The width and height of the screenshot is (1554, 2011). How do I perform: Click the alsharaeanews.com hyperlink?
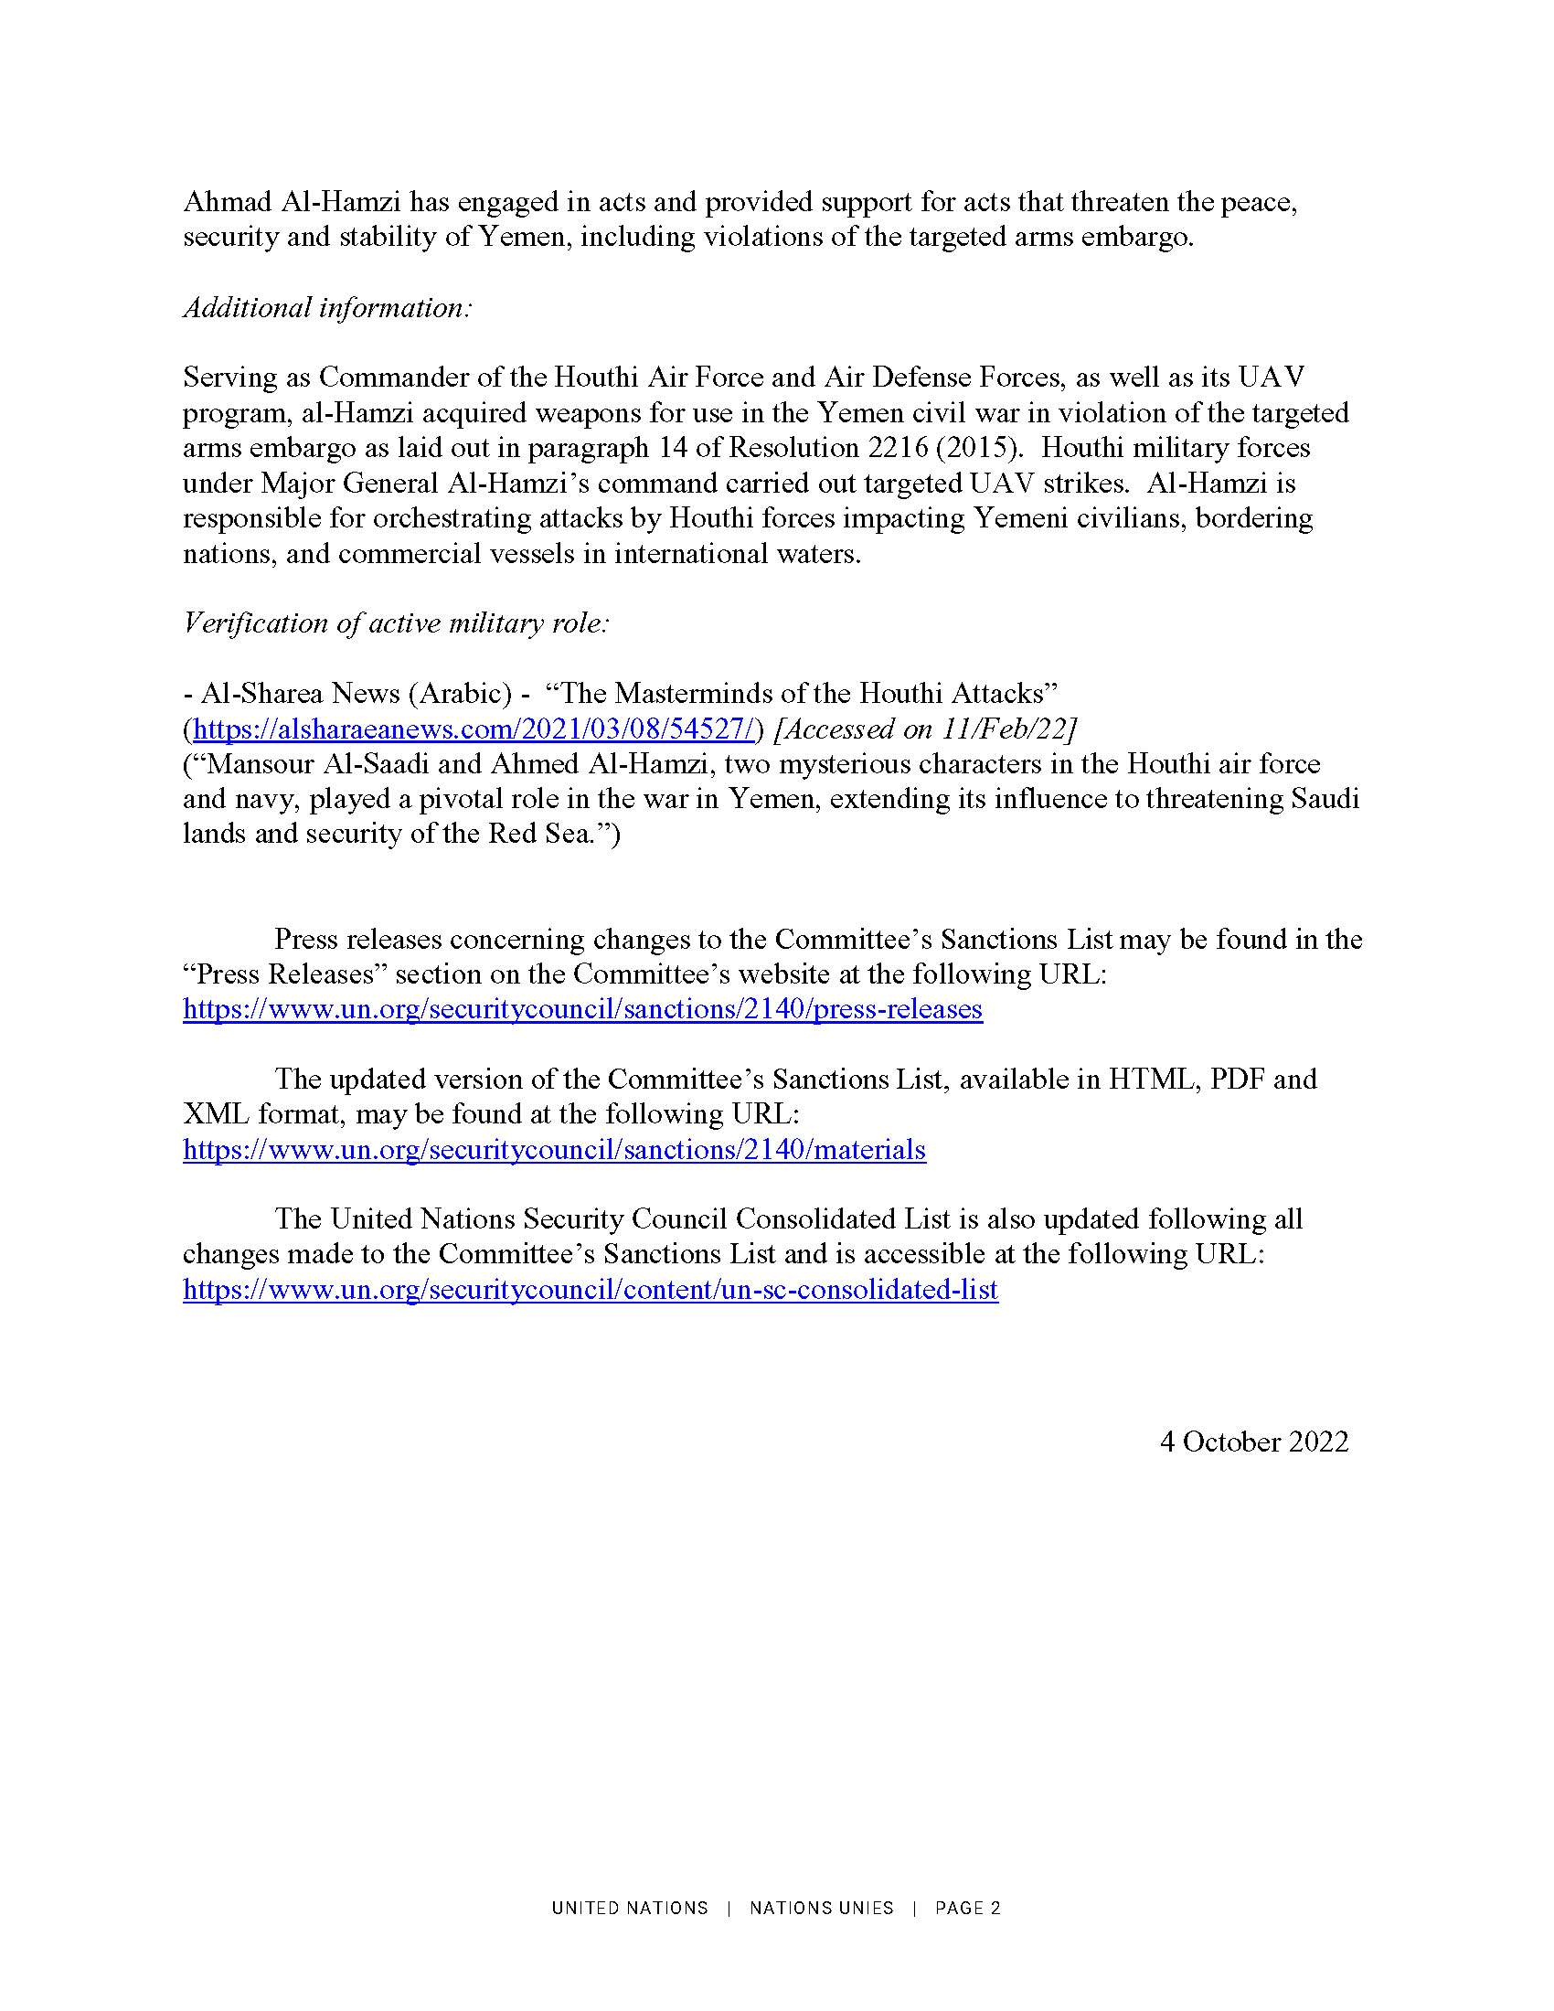coord(474,729)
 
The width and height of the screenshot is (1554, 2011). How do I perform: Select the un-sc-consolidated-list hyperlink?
coord(591,1289)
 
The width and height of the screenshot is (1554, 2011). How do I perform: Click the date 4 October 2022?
coord(1254,1441)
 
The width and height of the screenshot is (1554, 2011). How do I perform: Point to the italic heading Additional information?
coord(328,306)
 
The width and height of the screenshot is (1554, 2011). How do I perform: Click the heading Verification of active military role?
coord(396,622)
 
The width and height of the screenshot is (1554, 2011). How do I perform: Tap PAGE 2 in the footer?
coord(967,1908)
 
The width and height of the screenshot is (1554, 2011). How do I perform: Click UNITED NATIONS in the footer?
coord(630,1908)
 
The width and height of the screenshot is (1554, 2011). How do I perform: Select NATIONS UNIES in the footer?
coord(821,1908)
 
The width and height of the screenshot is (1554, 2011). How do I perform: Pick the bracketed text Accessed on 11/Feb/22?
coord(926,729)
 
